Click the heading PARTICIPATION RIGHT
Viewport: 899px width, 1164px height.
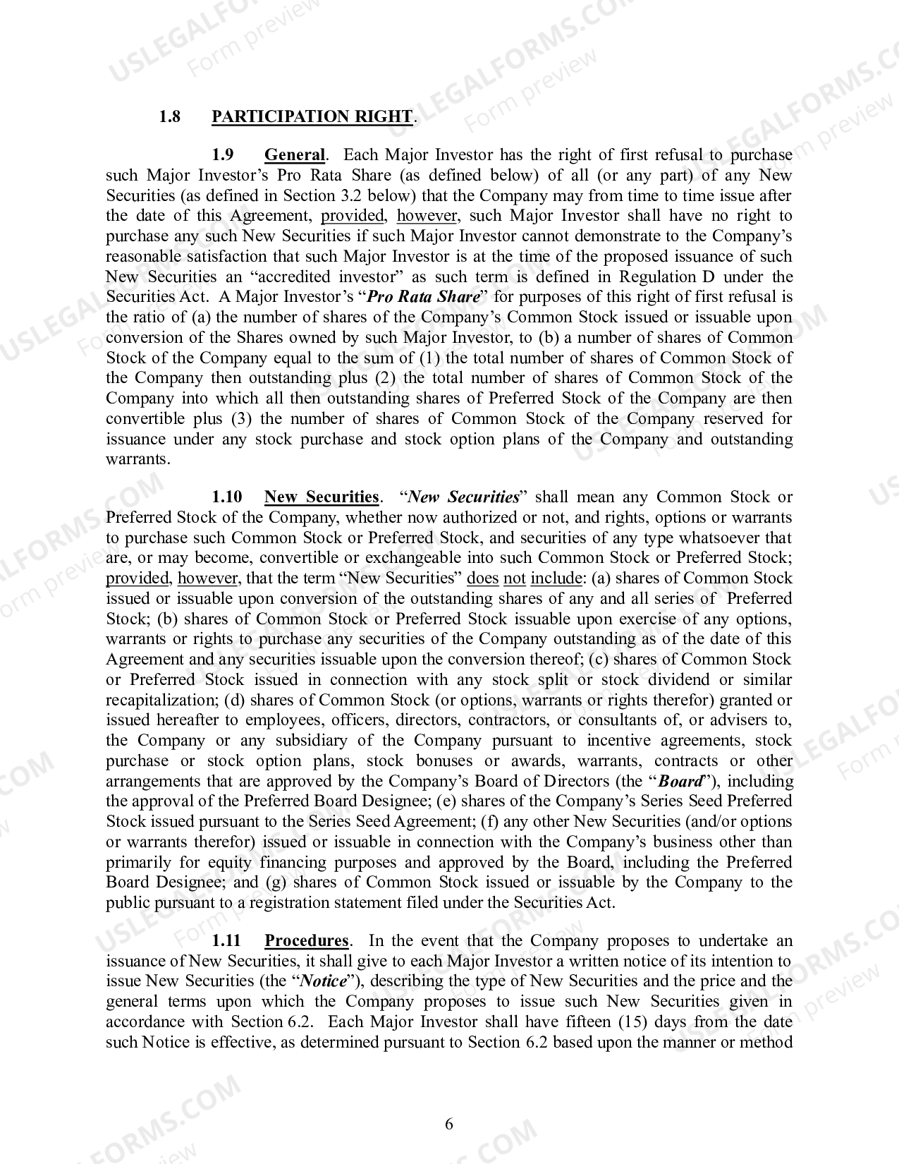312,116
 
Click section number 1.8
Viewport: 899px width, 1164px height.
170,116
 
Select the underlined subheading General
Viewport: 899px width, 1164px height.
294,155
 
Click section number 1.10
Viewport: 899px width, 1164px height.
227,497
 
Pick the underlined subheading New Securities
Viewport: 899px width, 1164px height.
321,497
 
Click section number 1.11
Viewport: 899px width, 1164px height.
227,941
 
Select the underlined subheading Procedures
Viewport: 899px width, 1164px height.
306,941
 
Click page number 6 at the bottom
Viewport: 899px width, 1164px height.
449,1124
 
